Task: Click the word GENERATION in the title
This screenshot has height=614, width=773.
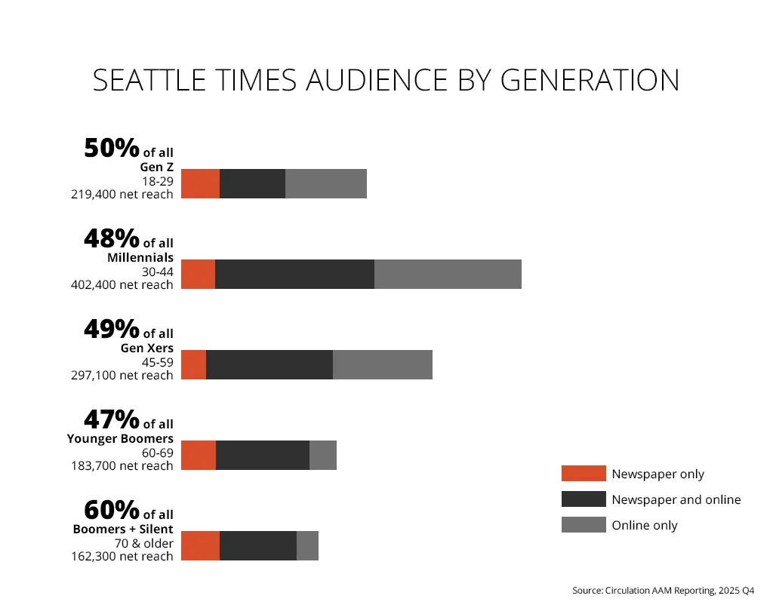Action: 590,80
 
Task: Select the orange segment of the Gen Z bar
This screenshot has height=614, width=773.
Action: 201,184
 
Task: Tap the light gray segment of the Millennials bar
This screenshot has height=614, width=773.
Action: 448,274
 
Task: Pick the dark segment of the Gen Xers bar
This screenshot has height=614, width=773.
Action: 269,364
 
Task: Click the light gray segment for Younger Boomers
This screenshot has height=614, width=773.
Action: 323,456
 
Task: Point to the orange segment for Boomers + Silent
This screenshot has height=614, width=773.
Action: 201,545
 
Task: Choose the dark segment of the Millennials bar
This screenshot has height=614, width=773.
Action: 295,274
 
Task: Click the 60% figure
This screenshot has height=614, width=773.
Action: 112,510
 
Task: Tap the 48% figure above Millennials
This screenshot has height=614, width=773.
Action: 112,238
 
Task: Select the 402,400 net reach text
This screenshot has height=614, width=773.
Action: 122,285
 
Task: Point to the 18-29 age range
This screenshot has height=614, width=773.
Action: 158,181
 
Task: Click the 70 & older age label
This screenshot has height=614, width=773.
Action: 144,543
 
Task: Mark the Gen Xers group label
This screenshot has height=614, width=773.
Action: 147,348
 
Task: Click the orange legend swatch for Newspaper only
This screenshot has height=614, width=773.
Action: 584,473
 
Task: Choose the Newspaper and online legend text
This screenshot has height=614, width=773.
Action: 676,499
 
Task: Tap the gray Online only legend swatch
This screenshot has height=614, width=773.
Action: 584,524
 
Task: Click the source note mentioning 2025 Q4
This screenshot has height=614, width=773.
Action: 663,591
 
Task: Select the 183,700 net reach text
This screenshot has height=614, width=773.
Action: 122,465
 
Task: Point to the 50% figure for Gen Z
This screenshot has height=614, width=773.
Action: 112,148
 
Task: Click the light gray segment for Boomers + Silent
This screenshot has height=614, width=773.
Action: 308,545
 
